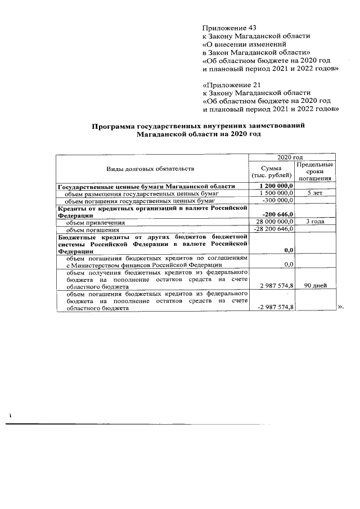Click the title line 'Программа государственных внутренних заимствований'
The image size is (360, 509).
(x=199, y=127)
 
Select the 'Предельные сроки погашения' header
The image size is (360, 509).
(x=315, y=172)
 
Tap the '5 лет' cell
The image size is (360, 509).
(x=315, y=193)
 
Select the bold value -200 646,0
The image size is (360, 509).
(x=278, y=214)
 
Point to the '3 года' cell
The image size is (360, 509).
(x=315, y=222)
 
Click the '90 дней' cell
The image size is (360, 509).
(x=315, y=286)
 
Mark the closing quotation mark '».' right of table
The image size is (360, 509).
(x=340, y=307)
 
